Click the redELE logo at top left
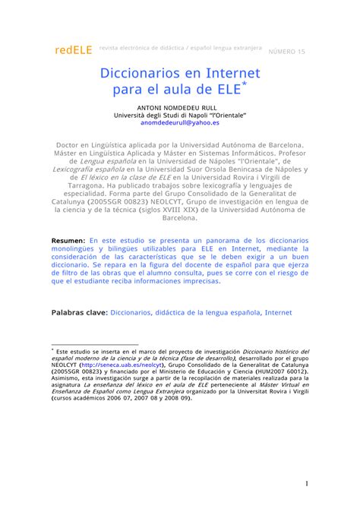(73, 50)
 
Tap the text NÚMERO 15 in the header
(290, 51)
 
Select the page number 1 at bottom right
(306, 481)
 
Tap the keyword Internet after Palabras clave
(279, 311)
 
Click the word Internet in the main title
(232, 74)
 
